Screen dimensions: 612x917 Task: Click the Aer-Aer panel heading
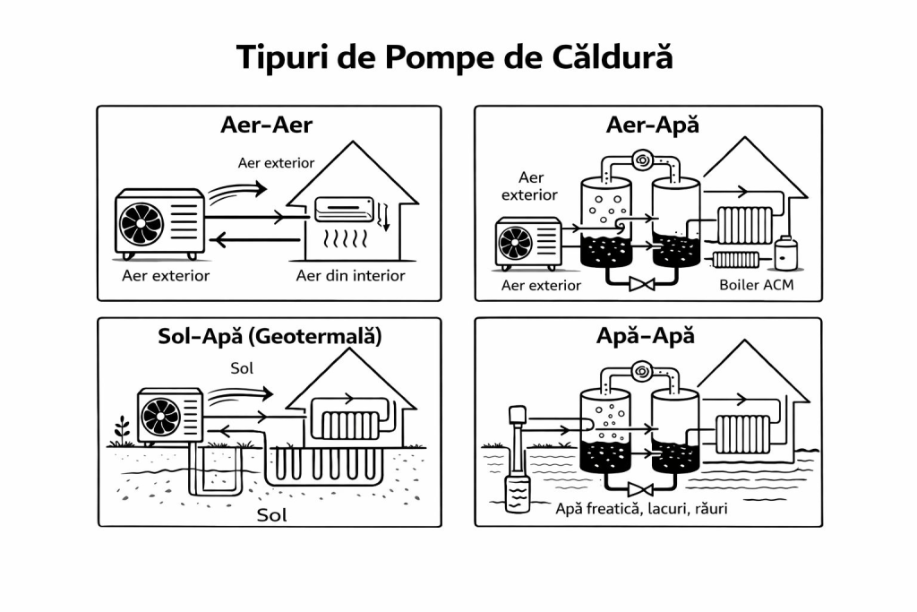pos(266,125)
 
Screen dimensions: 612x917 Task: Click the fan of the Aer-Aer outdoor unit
pos(142,224)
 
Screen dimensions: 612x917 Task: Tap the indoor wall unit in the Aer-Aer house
pos(347,210)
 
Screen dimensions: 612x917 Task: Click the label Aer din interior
pos(350,275)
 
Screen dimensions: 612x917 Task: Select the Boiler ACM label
pos(757,286)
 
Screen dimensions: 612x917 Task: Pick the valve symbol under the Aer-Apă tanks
pos(639,286)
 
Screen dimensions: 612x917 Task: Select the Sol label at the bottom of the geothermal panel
pos(272,515)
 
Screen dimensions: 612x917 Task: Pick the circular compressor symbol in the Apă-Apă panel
pos(640,369)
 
